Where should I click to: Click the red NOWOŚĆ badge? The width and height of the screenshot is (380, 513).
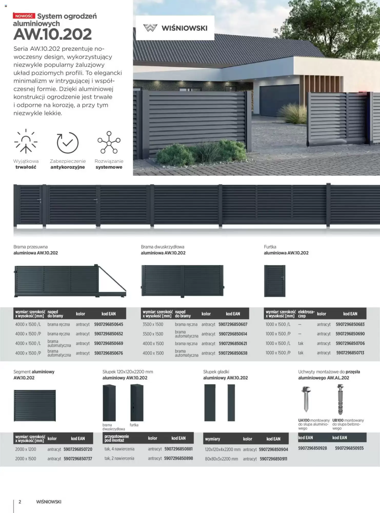24,16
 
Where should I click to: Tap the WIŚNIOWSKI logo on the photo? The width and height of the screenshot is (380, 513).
175,28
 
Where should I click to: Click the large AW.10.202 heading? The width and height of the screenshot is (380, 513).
53,34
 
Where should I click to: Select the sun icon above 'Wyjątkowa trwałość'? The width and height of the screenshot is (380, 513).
26,142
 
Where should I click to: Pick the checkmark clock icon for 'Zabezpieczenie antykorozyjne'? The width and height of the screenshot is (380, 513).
67,142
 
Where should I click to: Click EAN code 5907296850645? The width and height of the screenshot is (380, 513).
108,324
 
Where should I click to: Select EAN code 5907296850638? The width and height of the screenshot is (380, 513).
233,353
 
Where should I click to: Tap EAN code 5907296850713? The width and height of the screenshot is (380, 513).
350,353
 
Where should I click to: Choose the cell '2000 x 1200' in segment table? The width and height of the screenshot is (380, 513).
26,449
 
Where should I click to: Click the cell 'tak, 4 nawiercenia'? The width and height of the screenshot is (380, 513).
119,449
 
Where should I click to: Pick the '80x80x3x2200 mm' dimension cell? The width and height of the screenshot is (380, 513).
222,459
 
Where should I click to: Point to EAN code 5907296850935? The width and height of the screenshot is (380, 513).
349,448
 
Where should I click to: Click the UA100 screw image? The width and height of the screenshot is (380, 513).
306,399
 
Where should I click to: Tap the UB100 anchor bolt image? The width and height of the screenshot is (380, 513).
340,399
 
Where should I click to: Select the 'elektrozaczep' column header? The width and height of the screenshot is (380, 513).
306,314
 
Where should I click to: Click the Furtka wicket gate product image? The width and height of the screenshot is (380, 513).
275,281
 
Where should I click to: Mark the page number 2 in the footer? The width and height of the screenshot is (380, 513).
20,502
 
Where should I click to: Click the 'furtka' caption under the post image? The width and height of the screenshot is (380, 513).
134,425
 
